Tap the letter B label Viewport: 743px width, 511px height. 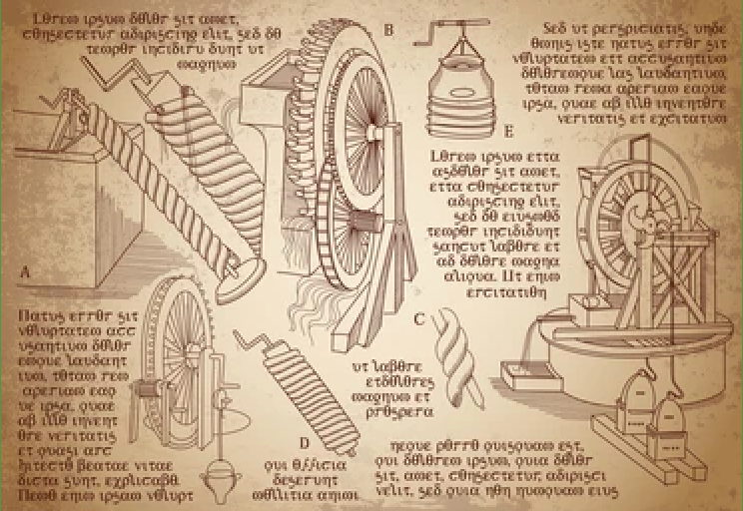point(388,31)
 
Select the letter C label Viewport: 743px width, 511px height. point(419,319)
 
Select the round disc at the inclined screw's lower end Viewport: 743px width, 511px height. point(244,267)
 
